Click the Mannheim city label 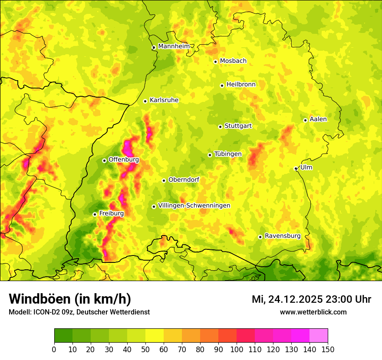pos(174,46)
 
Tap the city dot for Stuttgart pos(220,127)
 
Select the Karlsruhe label pos(164,100)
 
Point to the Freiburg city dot pos(95,214)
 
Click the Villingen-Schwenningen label pos(194,206)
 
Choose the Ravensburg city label pos(283,236)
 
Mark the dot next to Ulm pos(296,169)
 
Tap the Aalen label pos(318,119)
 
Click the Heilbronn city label pos(241,85)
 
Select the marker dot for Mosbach pos(215,62)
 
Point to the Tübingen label pos(228,154)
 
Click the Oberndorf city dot pos(164,180)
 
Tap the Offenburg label pos(124,160)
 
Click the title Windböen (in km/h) pos(70,299)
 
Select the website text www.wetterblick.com pos(313,312)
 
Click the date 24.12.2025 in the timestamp pos(295,299)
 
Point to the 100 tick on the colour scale pos(237,349)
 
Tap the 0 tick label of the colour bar pos(54,349)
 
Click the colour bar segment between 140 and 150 pos(319,335)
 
